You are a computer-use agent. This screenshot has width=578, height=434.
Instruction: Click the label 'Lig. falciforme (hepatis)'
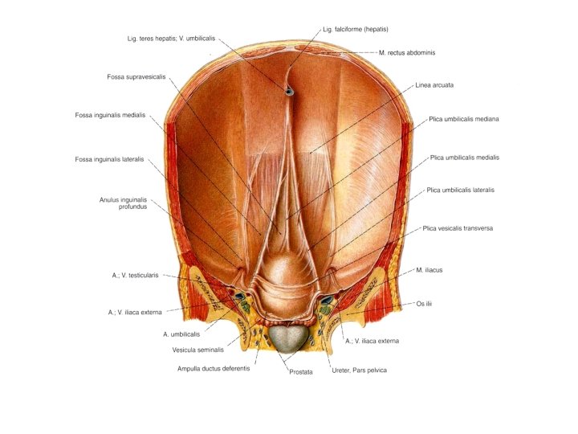click(355, 29)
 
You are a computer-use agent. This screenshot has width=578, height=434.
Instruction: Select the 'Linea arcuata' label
click(435, 84)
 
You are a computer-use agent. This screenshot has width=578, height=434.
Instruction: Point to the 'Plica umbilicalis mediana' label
click(463, 119)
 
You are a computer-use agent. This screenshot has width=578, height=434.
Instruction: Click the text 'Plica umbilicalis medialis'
click(464, 158)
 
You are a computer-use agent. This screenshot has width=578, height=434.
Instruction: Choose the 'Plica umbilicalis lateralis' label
click(461, 190)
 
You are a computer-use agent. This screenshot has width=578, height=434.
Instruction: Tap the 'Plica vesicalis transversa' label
click(458, 228)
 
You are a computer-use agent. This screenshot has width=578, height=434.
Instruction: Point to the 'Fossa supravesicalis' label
click(136, 77)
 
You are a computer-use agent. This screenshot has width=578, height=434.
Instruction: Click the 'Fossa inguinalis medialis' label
click(111, 115)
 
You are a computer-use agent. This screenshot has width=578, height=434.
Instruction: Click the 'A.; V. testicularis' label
click(136, 275)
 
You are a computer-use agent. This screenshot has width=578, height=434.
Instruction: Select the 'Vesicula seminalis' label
click(198, 350)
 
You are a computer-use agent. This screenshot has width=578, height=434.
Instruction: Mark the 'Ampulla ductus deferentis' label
click(214, 369)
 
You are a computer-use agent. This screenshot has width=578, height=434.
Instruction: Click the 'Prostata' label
click(300, 372)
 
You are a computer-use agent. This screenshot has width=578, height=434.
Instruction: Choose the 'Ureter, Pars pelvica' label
click(358, 370)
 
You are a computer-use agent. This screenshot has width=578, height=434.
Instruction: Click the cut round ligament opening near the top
click(289, 92)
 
